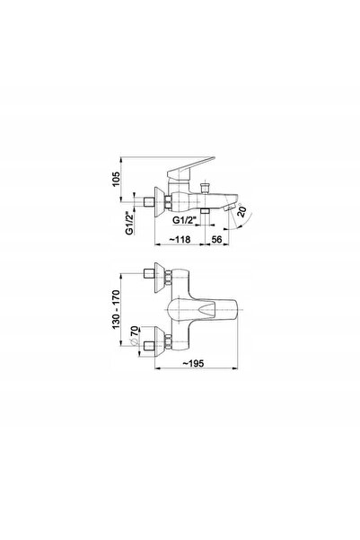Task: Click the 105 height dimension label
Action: tap(117, 179)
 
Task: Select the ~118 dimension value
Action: tap(180, 239)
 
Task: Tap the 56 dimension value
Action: tap(216, 239)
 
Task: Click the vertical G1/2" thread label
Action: tap(129, 223)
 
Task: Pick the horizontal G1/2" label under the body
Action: tap(184, 220)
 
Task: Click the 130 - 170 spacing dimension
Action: tap(117, 309)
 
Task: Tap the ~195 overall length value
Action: tap(193, 363)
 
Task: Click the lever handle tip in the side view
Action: tap(214, 158)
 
